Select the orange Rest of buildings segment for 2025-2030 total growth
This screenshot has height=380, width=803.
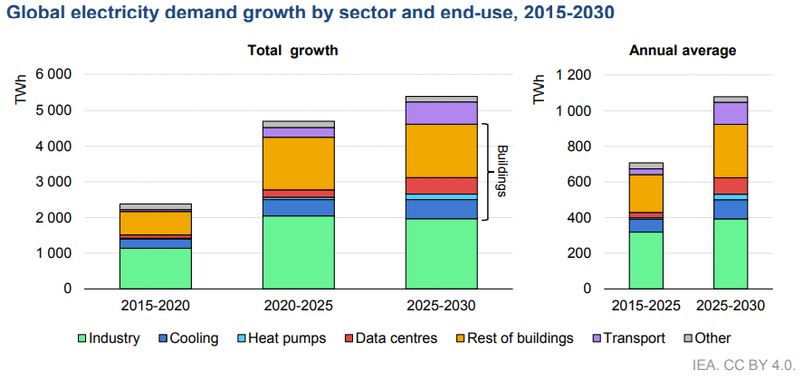pos(441,150)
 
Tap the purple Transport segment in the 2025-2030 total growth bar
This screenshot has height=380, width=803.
pos(441,112)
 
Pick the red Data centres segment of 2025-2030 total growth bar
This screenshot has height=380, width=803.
pos(441,185)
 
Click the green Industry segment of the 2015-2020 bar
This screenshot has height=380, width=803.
pos(155,268)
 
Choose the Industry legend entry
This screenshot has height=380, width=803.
pos(107,338)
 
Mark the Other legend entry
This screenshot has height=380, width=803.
pos(710,338)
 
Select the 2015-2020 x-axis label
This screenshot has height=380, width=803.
pos(155,306)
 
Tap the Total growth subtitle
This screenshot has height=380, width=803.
pos(292,51)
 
